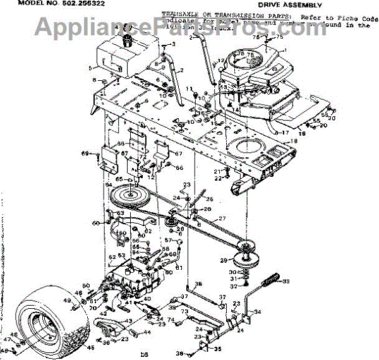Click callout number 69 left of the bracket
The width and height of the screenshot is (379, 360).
pos(85,153)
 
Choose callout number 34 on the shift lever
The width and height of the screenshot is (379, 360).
pos(258,311)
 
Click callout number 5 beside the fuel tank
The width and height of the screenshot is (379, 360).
pos(90,67)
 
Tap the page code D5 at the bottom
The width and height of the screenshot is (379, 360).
pos(143,356)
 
